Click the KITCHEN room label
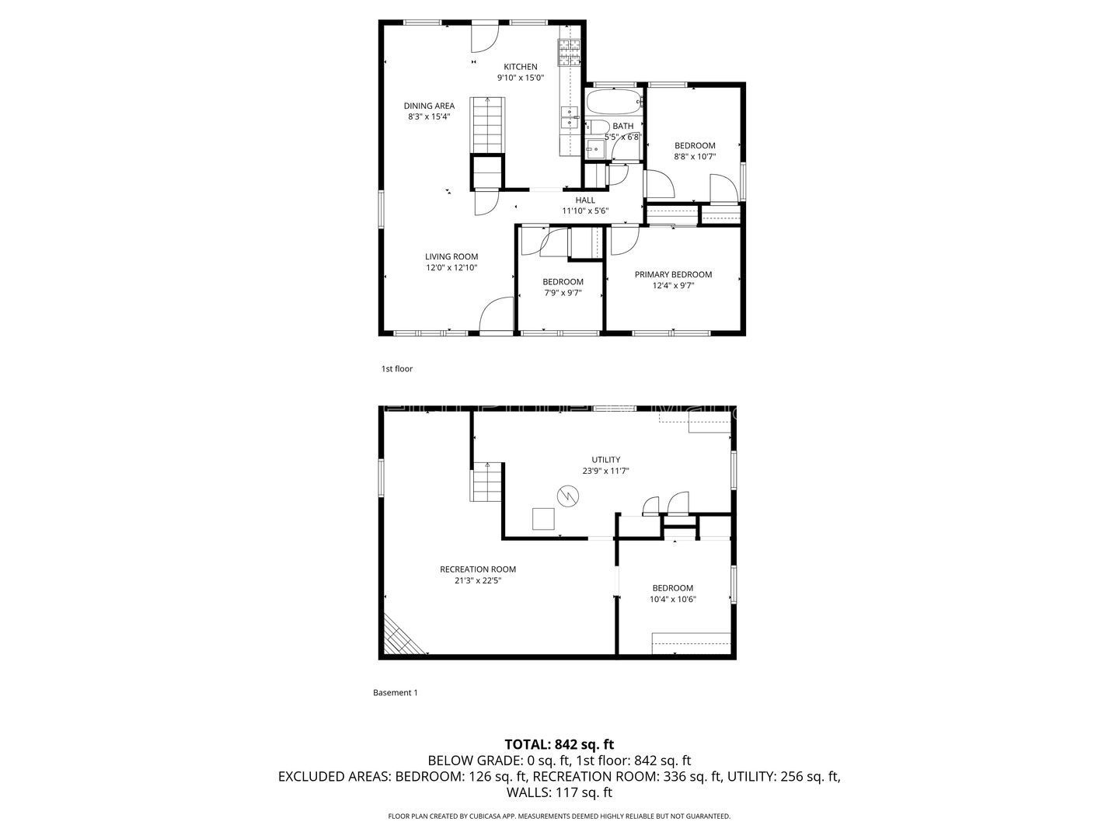pyautogui.click(x=520, y=67)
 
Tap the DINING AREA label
pyautogui.click(x=429, y=106)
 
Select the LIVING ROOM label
pyautogui.click(x=451, y=257)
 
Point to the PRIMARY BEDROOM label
pyautogui.click(x=673, y=275)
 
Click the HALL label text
pyautogui.click(x=585, y=200)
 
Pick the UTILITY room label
pyautogui.click(x=605, y=460)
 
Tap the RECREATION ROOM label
pyautogui.click(x=477, y=569)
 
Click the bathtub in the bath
pyautogui.click(x=614, y=102)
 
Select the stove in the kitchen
pyautogui.click(x=569, y=53)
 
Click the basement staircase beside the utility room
pyautogui.click(x=487, y=482)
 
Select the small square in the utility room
pyautogui.click(x=543, y=519)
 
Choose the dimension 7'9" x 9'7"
pyautogui.click(x=562, y=294)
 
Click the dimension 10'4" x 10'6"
pyautogui.click(x=672, y=599)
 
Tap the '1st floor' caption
pyautogui.click(x=396, y=369)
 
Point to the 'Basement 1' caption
pyautogui.click(x=395, y=693)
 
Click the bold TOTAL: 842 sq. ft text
pyautogui.click(x=559, y=744)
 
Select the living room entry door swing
pyautogui.click(x=494, y=317)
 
